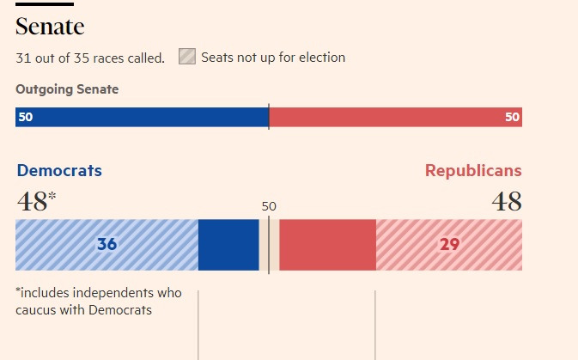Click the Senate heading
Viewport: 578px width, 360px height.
coord(50,27)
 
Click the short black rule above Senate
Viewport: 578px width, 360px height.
coord(44,4)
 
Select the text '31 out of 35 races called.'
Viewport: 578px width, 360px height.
coord(90,58)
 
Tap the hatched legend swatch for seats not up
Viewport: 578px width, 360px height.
coord(186,58)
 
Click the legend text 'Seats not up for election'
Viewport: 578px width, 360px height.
coord(273,58)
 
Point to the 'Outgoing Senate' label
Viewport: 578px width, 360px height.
coord(67,89)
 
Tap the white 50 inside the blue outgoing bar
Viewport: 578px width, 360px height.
coord(26,118)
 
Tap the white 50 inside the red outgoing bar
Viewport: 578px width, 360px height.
coord(512,118)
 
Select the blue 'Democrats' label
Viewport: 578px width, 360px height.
coord(59,171)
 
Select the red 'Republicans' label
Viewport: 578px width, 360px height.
coord(473,171)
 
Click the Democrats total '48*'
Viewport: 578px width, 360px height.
coord(36,202)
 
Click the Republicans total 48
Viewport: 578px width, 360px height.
coord(506,202)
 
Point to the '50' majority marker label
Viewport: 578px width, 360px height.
coord(269,206)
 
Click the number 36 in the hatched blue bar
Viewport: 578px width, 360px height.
coord(106,245)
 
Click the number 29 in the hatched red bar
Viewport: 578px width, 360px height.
coord(449,245)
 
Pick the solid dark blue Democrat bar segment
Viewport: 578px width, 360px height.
coord(228,245)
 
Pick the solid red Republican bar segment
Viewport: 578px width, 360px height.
coord(327,245)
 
